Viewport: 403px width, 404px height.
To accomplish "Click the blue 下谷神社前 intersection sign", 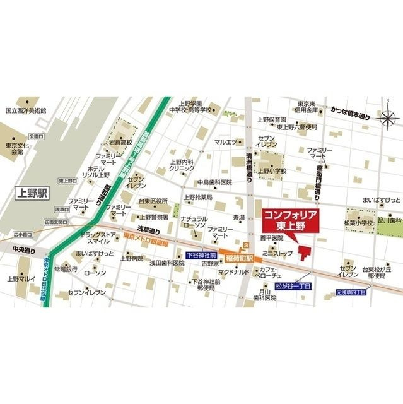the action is (x=202, y=256).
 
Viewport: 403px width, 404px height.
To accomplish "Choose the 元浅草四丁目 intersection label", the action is (x=354, y=292).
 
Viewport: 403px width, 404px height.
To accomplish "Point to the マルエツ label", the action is (x=225, y=142).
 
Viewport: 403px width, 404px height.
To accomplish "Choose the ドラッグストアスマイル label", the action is (x=99, y=237).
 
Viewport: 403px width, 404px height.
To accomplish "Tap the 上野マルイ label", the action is (x=20, y=278).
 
